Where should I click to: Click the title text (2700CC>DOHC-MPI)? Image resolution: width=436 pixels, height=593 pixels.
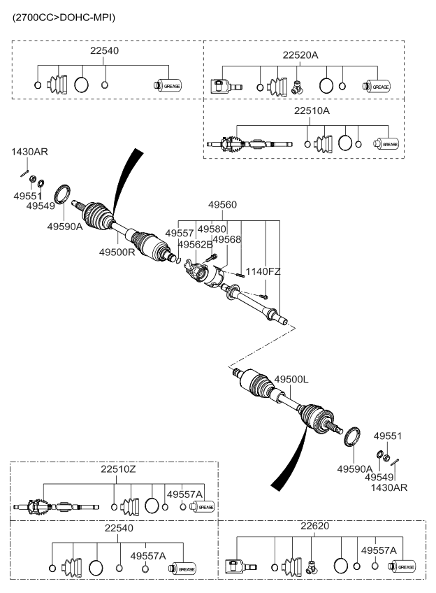click(x=64, y=16)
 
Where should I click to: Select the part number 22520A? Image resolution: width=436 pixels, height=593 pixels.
click(x=300, y=54)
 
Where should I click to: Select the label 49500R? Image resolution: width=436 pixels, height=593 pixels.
click(x=117, y=251)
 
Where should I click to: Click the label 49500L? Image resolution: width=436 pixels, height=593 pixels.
click(x=291, y=380)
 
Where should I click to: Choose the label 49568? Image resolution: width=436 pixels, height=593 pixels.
click(x=227, y=240)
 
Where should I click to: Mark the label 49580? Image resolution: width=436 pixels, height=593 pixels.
click(x=212, y=229)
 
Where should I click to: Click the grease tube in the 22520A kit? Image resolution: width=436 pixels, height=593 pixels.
click(x=377, y=87)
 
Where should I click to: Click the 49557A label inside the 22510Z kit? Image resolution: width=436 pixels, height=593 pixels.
click(x=184, y=494)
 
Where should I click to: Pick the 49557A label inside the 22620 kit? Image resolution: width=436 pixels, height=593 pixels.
click(x=379, y=550)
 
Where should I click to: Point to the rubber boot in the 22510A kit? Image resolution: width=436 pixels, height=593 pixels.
click(x=325, y=144)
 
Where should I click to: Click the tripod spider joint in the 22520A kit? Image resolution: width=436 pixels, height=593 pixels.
click(x=298, y=87)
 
